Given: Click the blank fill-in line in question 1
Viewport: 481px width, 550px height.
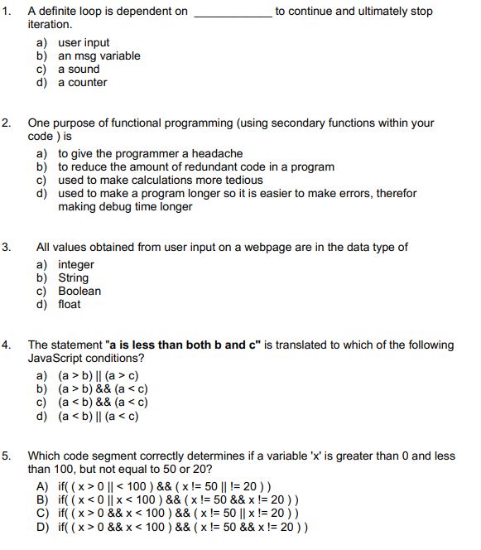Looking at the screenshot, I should pyautogui.click(x=231, y=14).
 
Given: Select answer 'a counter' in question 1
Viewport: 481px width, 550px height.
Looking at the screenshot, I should pyautogui.click(x=82, y=83).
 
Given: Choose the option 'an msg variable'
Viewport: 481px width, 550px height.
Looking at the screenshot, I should pyautogui.click(x=99, y=56).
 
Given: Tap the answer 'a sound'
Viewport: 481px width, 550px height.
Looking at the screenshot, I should pyautogui.click(x=79, y=70).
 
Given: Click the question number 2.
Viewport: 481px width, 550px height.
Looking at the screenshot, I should pyautogui.click(x=7, y=123).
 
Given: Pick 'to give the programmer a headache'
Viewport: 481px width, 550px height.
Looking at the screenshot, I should pyautogui.click(x=150, y=154).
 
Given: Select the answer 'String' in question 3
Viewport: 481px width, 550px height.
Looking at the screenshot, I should pyautogui.click(x=73, y=278).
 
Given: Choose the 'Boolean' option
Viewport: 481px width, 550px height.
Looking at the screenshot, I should pyautogui.click(x=79, y=292).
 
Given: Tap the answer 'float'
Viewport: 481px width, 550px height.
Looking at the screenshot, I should pyautogui.click(x=70, y=305).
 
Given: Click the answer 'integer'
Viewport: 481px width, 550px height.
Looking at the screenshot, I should pyautogui.click(x=76, y=265).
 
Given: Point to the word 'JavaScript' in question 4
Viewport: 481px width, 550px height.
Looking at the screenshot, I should pyautogui.click(x=55, y=359).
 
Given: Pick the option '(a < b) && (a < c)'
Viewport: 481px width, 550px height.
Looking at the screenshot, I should pyautogui.click(x=103, y=403).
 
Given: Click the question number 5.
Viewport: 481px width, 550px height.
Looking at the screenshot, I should pyautogui.click(x=7, y=456).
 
